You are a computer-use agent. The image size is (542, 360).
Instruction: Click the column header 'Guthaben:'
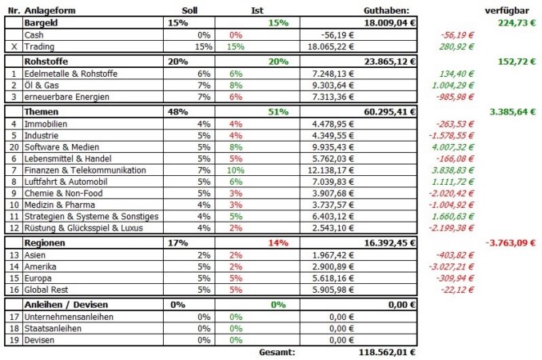(386, 10)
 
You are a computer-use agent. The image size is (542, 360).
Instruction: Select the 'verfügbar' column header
(507, 10)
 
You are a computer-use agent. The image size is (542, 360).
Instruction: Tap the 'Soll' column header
(189, 10)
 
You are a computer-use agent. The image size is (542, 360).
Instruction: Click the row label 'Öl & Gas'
(42, 85)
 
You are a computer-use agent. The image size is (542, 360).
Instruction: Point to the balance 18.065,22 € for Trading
(331, 46)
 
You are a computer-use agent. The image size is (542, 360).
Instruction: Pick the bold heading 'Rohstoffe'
(46, 62)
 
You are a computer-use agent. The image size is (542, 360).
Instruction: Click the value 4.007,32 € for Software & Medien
(452, 147)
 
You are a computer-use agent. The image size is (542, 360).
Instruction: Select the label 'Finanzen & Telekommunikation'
(85, 170)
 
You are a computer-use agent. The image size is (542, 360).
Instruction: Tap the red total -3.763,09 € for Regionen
(511, 242)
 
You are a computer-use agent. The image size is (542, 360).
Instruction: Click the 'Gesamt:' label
(277, 352)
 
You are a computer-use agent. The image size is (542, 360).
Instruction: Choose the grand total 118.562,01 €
(387, 352)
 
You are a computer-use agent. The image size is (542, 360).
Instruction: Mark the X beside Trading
(14, 46)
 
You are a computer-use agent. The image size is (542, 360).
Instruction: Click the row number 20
(14, 147)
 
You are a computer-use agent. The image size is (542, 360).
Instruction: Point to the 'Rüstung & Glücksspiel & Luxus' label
(83, 228)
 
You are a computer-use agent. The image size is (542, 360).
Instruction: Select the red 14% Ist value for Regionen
(278, 242)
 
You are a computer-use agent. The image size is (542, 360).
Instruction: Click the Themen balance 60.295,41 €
(389, 112)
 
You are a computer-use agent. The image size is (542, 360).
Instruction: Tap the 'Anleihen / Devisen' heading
(66, 305)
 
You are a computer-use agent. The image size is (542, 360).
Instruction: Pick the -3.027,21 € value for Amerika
(451, 266)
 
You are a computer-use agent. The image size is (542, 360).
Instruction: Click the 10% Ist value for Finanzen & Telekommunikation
(235, 170)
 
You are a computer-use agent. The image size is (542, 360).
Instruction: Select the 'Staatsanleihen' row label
(53, 329)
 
